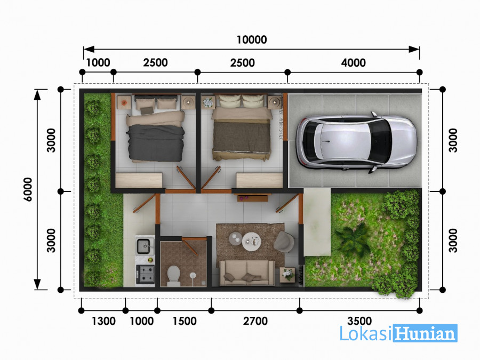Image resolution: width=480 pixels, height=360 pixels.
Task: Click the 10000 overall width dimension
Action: pos(252,40)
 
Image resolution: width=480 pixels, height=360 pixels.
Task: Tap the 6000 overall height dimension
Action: pos(28,189)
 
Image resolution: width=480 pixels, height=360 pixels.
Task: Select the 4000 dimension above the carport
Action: pos(353,63)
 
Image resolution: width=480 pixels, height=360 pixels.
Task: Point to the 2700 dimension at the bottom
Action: pos(255,321)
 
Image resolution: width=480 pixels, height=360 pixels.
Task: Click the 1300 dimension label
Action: pos(104,321)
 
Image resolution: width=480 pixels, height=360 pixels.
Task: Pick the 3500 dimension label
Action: pos(359,321)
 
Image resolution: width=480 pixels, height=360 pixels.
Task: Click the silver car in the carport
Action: pos(356,142)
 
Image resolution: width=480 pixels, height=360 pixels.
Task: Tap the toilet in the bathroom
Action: pos(173,276)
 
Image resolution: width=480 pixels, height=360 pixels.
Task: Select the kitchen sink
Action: pos(143,246)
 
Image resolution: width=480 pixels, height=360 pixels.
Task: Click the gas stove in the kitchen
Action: pos(146,274)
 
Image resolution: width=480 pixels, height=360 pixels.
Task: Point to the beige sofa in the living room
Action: pos(247,273)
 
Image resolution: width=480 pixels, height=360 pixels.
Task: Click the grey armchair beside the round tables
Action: pos(284,242)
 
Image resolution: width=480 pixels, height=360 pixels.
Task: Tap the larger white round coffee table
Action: pos(252,242)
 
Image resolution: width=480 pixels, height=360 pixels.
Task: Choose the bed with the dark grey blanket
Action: pos(156,129)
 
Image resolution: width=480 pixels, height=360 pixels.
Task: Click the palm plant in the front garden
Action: pos(353,239)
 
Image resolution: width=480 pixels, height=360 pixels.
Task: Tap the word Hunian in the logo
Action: pos(425,333)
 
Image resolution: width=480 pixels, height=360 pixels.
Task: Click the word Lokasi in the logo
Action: pos(366,333)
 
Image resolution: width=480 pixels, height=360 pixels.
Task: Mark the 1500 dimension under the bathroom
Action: pos(185,321)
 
